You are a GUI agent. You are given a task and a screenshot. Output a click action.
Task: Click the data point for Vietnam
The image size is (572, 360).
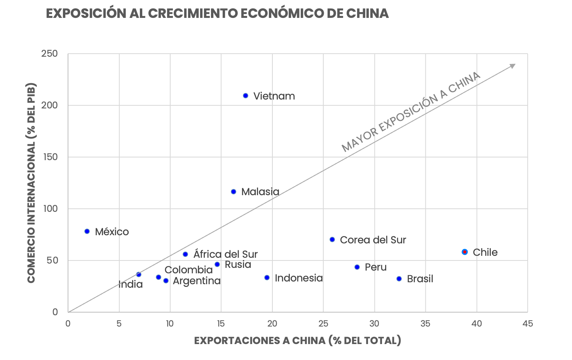click(246, 96)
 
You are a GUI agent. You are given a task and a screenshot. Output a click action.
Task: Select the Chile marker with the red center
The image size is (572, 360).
click(465, 252)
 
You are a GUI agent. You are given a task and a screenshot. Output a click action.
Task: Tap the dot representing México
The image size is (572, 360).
click(87, 231)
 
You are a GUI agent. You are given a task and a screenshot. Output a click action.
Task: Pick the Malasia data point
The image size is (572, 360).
click(234, 192)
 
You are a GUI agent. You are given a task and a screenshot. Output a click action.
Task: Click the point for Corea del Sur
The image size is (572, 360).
click(332, 239)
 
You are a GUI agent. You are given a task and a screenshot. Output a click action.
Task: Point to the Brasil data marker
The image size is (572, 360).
click(399, 279)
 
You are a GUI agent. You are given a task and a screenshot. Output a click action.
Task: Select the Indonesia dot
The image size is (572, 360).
click(267, 278)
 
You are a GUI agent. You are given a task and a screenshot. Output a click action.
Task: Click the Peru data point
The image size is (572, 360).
click(357, 267)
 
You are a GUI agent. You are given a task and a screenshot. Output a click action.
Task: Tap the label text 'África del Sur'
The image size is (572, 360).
click(225, 254)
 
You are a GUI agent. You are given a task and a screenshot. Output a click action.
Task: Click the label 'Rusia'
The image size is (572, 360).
click(238, 265)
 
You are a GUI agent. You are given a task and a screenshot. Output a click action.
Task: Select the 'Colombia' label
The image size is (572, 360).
click(188, 270)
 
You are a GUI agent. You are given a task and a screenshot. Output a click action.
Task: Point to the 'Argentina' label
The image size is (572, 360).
click(197, 281)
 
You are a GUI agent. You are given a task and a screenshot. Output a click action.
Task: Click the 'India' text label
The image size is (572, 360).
click(131, 285)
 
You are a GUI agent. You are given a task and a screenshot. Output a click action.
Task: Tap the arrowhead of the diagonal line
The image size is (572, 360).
click(513, 66)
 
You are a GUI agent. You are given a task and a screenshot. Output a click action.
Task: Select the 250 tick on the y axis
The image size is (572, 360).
click(49, 54)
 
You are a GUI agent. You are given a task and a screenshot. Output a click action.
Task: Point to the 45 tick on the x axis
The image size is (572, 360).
click(527, 323)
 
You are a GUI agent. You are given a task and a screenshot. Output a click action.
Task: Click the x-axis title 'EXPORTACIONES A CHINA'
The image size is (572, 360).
click(297, 341)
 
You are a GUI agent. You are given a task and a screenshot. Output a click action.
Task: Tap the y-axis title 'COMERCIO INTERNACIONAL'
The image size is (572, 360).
click(31, 183)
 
